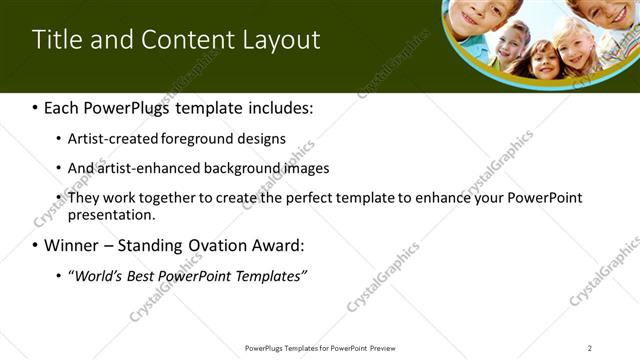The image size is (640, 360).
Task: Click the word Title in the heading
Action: click(x=56, y=40)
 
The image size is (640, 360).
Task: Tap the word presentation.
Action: click(x=110, y=214)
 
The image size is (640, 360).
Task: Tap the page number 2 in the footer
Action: click(x=590, y=348)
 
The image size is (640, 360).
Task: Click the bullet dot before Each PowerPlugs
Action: click(x=36, y=107)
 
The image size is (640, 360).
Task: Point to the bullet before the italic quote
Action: click(x=59, y=276)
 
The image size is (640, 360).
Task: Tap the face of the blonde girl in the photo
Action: click(x=575, y=45)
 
